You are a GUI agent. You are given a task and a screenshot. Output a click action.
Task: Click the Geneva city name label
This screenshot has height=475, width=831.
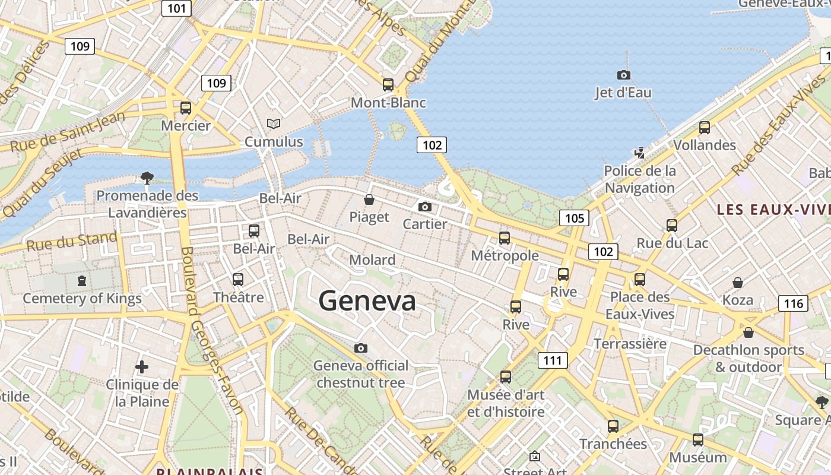(367, 301)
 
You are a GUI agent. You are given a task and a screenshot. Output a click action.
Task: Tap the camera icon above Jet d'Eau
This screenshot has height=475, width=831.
(623, 75)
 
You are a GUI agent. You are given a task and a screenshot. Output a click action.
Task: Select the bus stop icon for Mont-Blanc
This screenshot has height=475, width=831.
(388, 85)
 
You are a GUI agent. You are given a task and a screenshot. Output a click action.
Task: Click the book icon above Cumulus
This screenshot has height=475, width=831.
(273, 123)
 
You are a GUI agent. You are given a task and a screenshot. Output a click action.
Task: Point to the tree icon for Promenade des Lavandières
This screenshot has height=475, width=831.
(147, 178)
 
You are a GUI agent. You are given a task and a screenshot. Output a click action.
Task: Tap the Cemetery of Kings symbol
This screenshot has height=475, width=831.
(82, 280)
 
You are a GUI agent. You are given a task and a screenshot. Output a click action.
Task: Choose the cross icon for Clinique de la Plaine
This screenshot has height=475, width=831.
(142, 367)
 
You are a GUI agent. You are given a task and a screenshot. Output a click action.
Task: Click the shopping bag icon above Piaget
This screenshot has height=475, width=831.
(369, 199)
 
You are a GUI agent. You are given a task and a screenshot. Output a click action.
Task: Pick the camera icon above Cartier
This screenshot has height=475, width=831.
(425, 207)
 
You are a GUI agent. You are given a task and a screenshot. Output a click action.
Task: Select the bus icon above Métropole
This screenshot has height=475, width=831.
(505, 238)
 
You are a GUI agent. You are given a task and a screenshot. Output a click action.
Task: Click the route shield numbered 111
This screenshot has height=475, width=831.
(553, 360)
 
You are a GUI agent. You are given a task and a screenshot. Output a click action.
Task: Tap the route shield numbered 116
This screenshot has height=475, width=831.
(793, 304)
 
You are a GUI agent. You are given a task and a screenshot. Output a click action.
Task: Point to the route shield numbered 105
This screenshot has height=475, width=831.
(574, 218)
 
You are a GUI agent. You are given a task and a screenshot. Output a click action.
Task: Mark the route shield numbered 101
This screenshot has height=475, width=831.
(177, 8)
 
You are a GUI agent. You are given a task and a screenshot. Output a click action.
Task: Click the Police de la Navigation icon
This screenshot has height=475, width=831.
(639, 153)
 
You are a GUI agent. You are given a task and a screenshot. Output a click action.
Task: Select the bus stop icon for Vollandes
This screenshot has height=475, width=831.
(705, 128)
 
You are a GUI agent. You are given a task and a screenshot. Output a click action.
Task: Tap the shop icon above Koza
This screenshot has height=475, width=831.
(738, 283)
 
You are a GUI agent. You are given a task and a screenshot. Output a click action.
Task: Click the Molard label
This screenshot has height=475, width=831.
(372, 260)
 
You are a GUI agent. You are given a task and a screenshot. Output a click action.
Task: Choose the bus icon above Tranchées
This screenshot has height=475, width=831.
(613, 426)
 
